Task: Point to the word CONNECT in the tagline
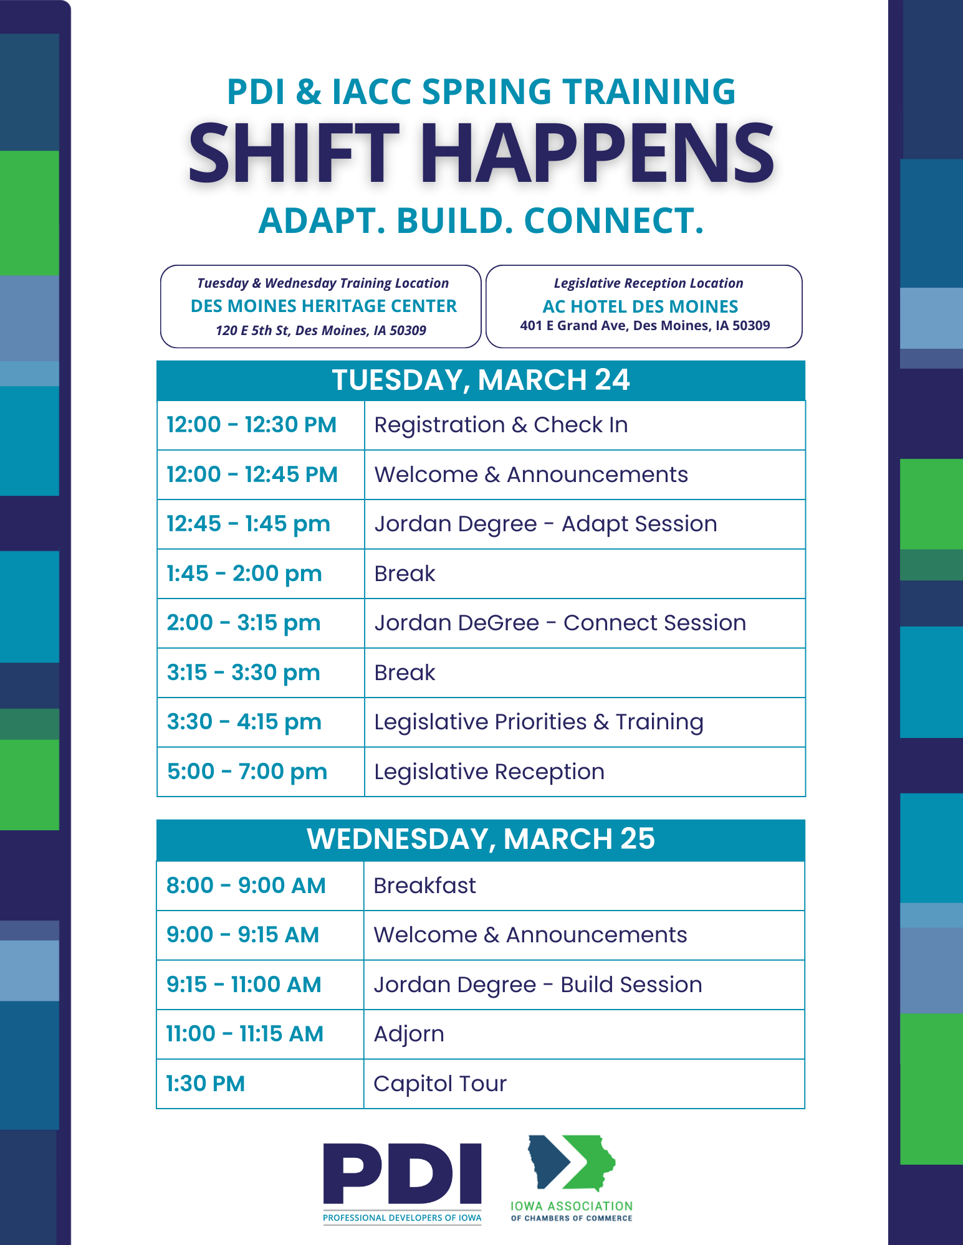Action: pyautogui.click(x=614, y=220)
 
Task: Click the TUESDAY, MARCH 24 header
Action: pyautogui.click(x=481, y=380)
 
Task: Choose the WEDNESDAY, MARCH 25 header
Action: pyautogui.click(x=481, y=839)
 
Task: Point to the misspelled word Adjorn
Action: pyautogui.click(x=409, y=1034)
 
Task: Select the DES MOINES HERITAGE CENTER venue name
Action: pyautogui.click(x=323, y=306)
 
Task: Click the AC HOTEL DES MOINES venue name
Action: pyautogui.click(x=640, y=306)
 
